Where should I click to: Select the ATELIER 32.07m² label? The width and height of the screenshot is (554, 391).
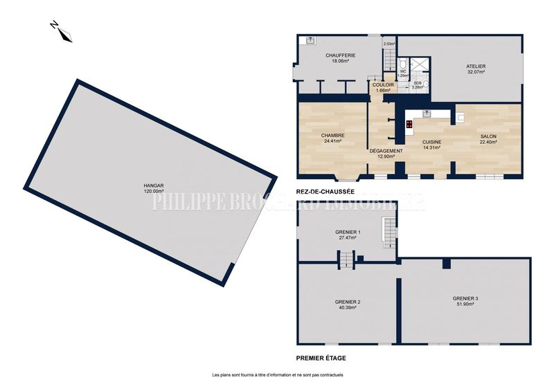point(475,69)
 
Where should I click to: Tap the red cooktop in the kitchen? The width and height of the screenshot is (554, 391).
point(409,125)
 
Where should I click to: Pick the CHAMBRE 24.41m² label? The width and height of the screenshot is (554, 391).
point(333,138)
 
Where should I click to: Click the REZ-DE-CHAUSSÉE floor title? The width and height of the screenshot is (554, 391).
point(325,192)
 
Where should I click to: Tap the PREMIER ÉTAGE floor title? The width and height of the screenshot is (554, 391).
point(321,358)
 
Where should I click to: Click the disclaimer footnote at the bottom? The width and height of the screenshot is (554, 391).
point(277,375)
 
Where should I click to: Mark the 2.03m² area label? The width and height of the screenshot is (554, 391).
point(389,44)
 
